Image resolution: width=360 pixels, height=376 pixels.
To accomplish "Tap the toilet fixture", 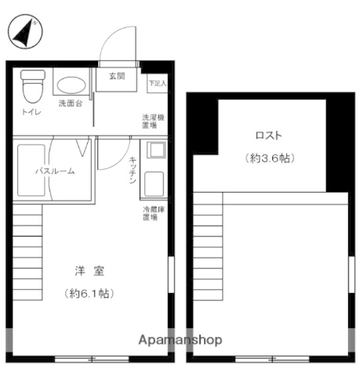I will (x=32, y=86).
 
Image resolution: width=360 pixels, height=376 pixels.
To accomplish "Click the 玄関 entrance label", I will (x=116, y=77).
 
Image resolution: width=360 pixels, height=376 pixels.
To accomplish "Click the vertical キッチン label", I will (x=133, y=171).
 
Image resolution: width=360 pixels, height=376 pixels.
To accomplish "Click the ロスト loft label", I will (x=267, y=134).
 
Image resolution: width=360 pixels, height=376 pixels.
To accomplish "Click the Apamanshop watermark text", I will (x=180, y=340).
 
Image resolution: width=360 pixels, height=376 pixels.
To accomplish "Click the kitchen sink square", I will (x=153, y=149).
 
